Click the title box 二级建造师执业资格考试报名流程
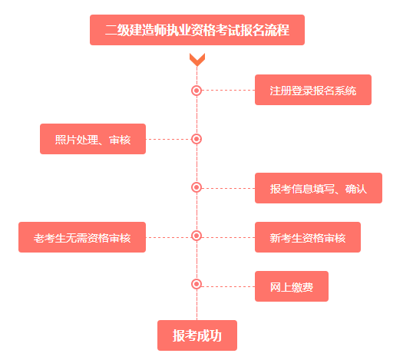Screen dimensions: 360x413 [x=197, y=31]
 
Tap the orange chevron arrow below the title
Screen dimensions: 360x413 [x=197, y=59]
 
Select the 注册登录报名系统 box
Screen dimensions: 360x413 [x=312, y=90]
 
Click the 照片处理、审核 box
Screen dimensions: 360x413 [x=93, y=139]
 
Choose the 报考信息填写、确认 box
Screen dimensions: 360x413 [x=318, y=188]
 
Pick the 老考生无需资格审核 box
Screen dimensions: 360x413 [x=82, y=237]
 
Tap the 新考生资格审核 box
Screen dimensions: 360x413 [x=307, y=237]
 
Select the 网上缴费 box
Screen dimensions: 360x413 [x=291, y=286]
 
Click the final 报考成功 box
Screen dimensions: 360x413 [x=197, y=335]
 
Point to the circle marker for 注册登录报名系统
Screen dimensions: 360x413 [x=197, y=90]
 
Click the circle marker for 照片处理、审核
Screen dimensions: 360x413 [x=197, y=139]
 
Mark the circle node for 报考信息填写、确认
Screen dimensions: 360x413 [x=197, y=187]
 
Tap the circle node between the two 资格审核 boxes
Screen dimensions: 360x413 [x=197, y=236]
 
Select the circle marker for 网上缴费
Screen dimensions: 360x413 [x=197, y=284]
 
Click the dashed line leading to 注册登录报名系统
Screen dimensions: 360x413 [x=228, y=90]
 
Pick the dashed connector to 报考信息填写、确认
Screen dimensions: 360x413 [x=228, y=188]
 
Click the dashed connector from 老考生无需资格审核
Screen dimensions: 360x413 [x=168, y=237]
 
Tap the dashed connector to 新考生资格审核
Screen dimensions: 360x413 [x=228, y=237]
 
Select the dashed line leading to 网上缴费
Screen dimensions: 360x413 [x=228, y=286]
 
